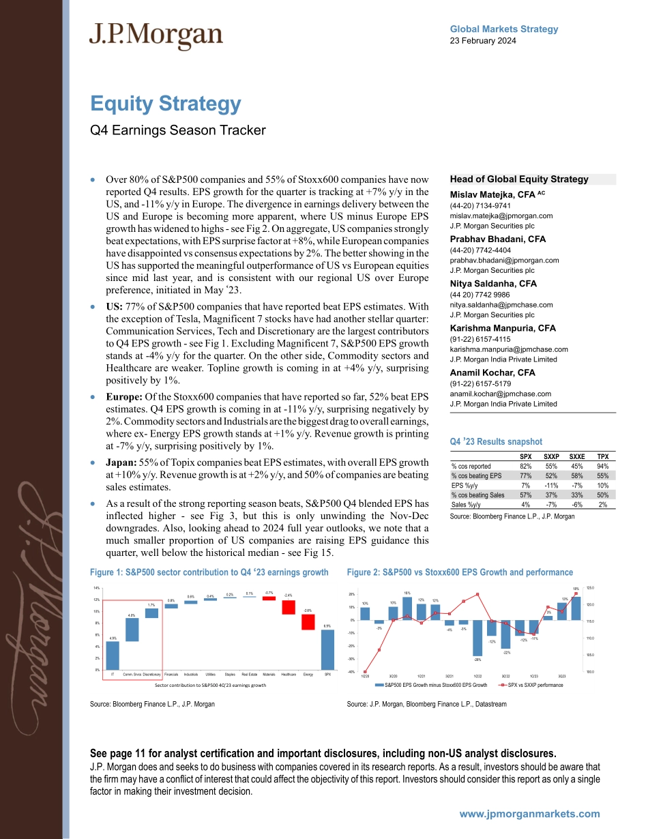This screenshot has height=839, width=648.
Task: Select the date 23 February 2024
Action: coord(483,40)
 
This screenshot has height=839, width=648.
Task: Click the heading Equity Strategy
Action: coord(166,104)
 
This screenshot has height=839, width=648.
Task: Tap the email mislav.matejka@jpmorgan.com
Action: coord(501,215)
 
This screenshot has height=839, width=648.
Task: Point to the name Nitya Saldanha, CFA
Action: coord(493,283)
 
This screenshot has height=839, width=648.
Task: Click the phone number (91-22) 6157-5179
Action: coord(478,384)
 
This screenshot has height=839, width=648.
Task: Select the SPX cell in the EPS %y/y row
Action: coord(525,485)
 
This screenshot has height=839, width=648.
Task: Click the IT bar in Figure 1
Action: coord(113,656)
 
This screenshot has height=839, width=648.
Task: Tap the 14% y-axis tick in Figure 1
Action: coord(98,587)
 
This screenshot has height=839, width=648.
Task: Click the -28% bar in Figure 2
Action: coord(477,638)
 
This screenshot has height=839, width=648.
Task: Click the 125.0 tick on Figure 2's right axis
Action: coord(590,587)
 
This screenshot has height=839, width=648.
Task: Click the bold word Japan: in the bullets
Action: coord(121,462)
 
